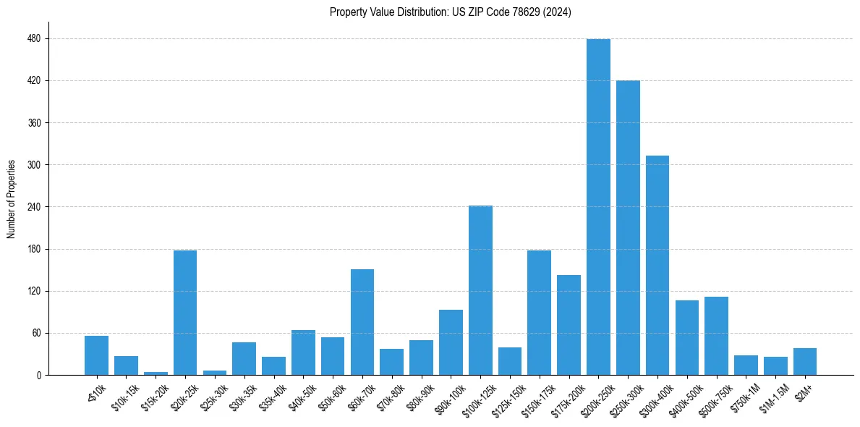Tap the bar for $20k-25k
pyautogui.click(x=185, y=313)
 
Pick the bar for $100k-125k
pyautogui.click(x=480, y=290)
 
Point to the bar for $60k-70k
pyautogui.click(x=362, y=322)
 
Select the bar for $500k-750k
pyautogui.click(x=716, y=336)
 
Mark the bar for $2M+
pyautogui.click(x=805, y=362)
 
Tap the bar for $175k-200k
pyautogui.click(x=569, y=325)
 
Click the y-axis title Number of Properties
pyautogui.click(x=11, y=198)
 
